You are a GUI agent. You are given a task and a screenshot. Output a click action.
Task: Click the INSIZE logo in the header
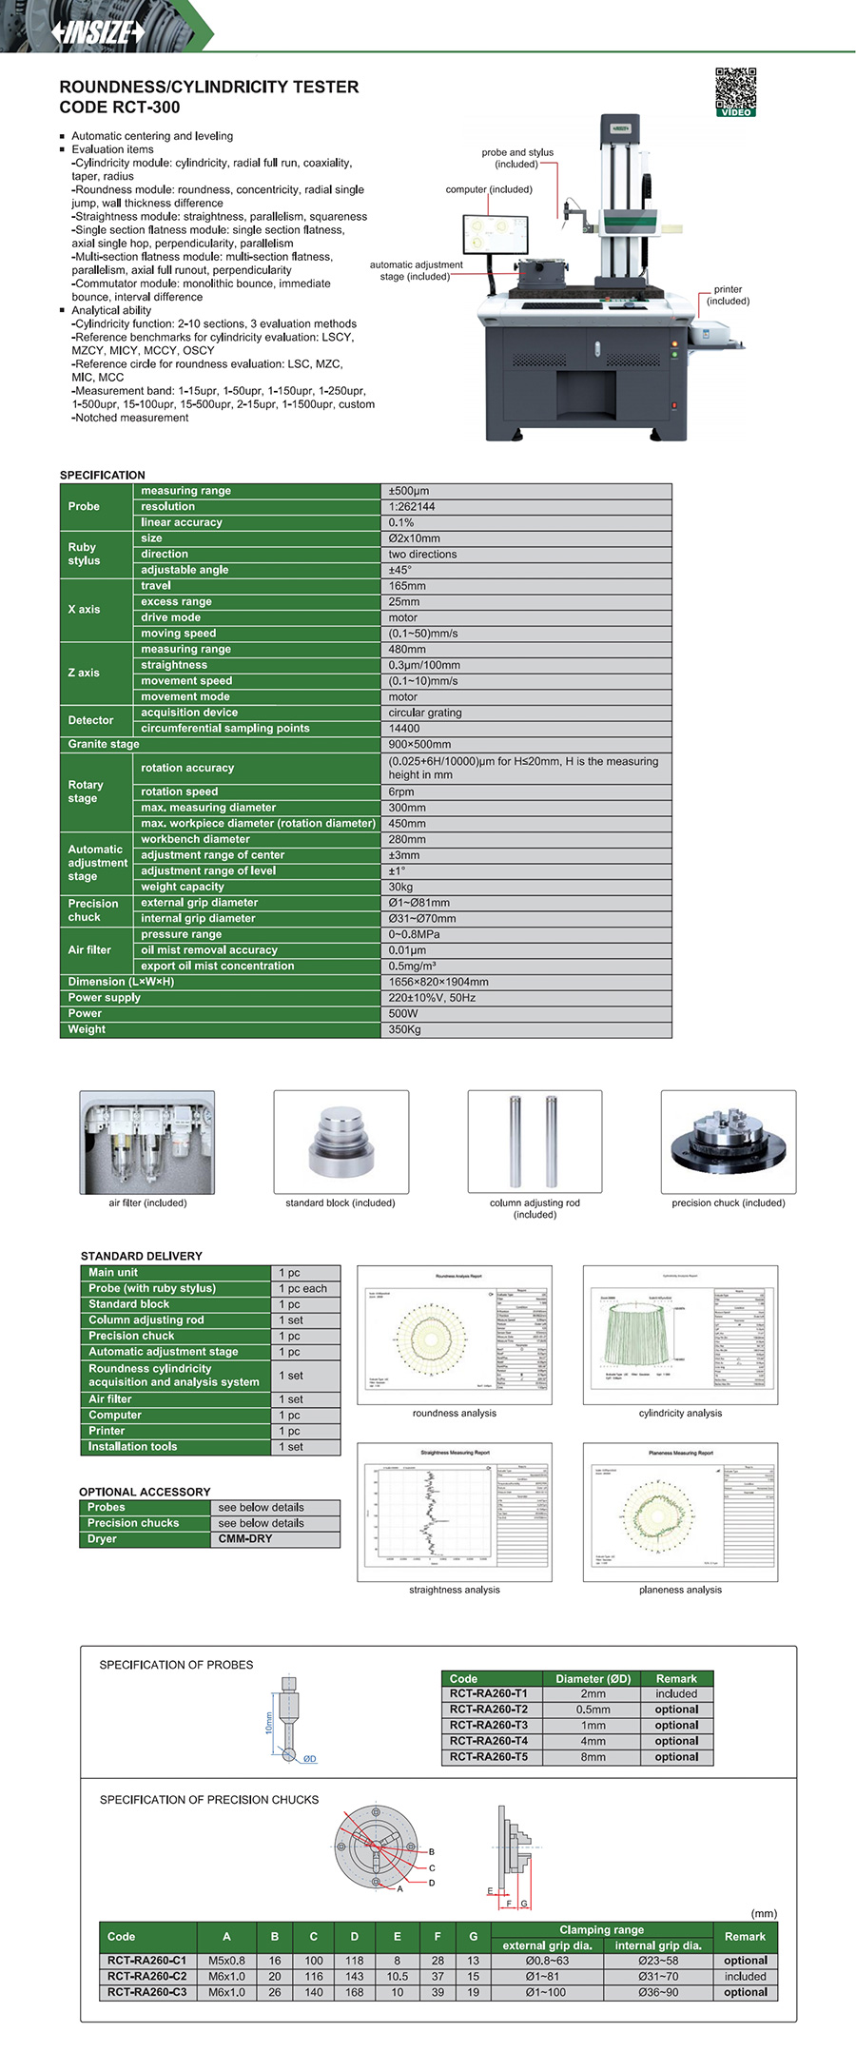99,31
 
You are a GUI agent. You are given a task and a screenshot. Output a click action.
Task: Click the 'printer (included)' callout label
728,295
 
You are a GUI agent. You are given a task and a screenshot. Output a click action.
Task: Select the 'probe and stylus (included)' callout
516,158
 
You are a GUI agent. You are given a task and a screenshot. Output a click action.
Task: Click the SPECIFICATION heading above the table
103,475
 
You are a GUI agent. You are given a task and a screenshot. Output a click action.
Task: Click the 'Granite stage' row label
104,744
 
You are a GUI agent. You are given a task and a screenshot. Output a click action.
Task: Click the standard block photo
340,1142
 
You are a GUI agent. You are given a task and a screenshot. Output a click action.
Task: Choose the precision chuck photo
728,1142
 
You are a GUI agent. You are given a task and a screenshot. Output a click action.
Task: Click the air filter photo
146,1142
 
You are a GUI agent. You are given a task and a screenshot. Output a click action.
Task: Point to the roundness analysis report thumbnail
455,1334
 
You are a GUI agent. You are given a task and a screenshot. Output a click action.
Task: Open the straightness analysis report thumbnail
455,1512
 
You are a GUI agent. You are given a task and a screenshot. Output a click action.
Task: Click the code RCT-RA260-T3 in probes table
489,1725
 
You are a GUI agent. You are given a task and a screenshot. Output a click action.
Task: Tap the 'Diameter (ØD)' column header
593,1678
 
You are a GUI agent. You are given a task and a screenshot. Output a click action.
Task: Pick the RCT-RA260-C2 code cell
146,1976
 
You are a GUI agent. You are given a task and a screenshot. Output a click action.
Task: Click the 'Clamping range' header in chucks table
601,1929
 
